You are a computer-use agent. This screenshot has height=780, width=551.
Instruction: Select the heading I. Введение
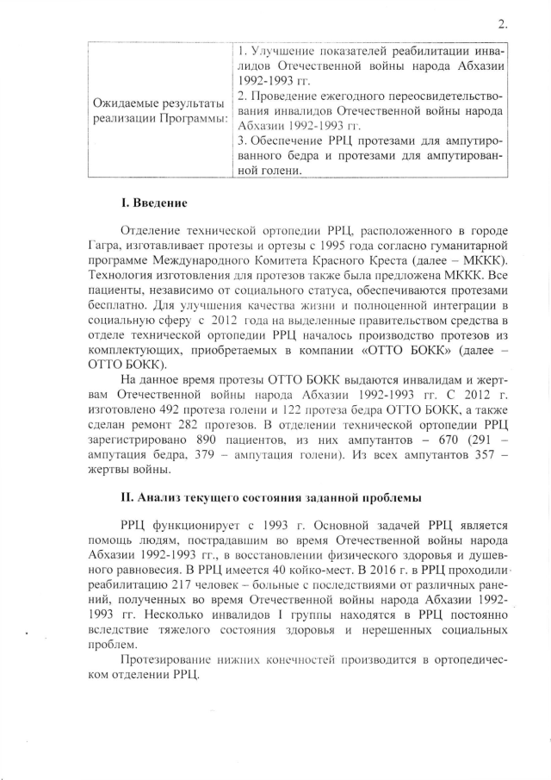[x=154, y=203]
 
